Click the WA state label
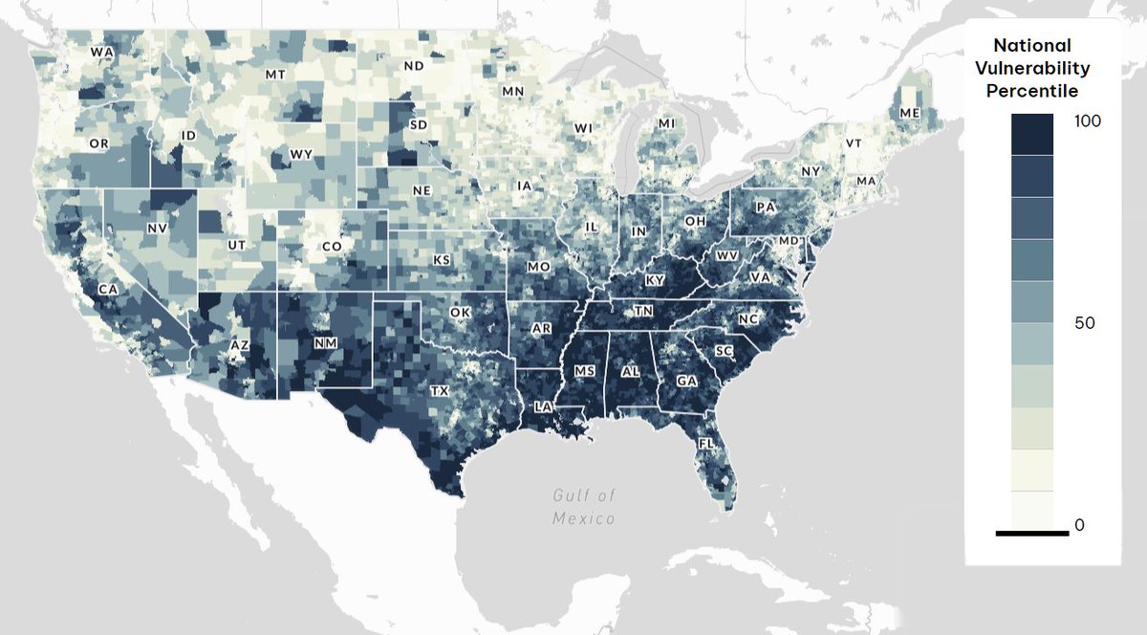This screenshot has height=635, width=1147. tap(99, 52)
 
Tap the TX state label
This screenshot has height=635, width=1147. tap(439, 391)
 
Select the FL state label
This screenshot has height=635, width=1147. tap(706, 445)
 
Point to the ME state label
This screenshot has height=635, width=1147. tap(910, 113)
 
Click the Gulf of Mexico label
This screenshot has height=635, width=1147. tap(583, 507)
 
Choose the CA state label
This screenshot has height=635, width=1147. tap(108, 289)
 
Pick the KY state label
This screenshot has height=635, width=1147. tap(655, 280)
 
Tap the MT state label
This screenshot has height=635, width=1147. tap(275, 75)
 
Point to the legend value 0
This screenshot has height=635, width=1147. tap(1079, 525)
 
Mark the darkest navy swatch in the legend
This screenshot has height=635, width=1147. tap(1031, 134)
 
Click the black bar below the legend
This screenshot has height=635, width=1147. tap(1031, 533)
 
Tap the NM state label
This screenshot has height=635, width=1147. tap(325, 341)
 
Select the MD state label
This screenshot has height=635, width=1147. tap(789, 240)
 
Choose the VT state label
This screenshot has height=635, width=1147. tap(854, 143)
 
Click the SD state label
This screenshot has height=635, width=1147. tap(419, 125)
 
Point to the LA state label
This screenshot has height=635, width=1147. tap(543, 406)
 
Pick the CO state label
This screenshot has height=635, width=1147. tap(332, 246)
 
